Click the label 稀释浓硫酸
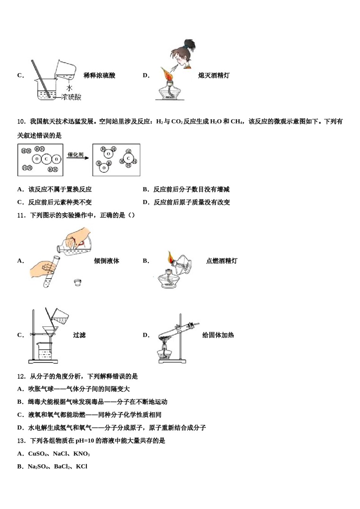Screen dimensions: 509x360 [99, 75]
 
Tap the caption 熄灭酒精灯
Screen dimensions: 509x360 [214, 75]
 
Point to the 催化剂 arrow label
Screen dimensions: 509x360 [75, 155]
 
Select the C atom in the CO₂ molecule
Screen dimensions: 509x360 [46, 159]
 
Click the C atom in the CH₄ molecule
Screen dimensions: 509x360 [128, 159]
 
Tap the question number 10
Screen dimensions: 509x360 [21, 122]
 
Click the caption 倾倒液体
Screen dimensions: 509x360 [106, 261]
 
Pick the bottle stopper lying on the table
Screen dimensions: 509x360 [78, 282]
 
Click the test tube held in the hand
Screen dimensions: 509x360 [52, 271]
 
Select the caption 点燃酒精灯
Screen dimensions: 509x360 [222, 261]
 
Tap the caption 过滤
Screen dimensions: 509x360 [79, 335]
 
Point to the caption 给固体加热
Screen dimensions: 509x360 [218, 335]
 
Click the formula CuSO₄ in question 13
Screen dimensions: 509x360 [38, 454]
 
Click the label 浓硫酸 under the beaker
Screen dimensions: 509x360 [72, 97]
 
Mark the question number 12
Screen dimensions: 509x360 [21, 376]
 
